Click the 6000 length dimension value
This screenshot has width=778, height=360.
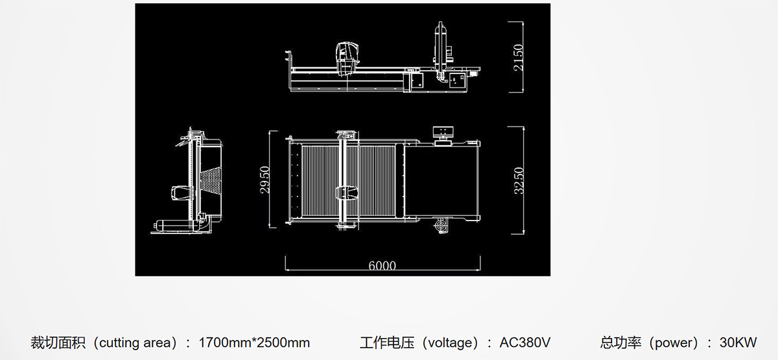point(382,266)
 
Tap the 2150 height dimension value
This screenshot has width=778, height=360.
point(518,58)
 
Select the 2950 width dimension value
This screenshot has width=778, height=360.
point(265,180)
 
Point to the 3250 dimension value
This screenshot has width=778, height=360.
point(519,181)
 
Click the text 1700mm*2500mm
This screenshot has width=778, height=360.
point(254,342)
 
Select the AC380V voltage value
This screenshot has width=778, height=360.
point(525,342)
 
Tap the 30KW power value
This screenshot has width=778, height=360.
point(738,342)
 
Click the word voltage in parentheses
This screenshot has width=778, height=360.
point(453,343)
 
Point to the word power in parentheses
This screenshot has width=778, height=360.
point(674,343)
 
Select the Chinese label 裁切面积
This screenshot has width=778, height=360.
point(58,342)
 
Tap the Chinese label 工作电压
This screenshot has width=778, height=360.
point(387,342)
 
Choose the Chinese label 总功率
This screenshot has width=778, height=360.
point(620,342)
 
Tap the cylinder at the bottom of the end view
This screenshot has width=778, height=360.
point(176,226)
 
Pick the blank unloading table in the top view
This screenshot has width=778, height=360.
point(441,181)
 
